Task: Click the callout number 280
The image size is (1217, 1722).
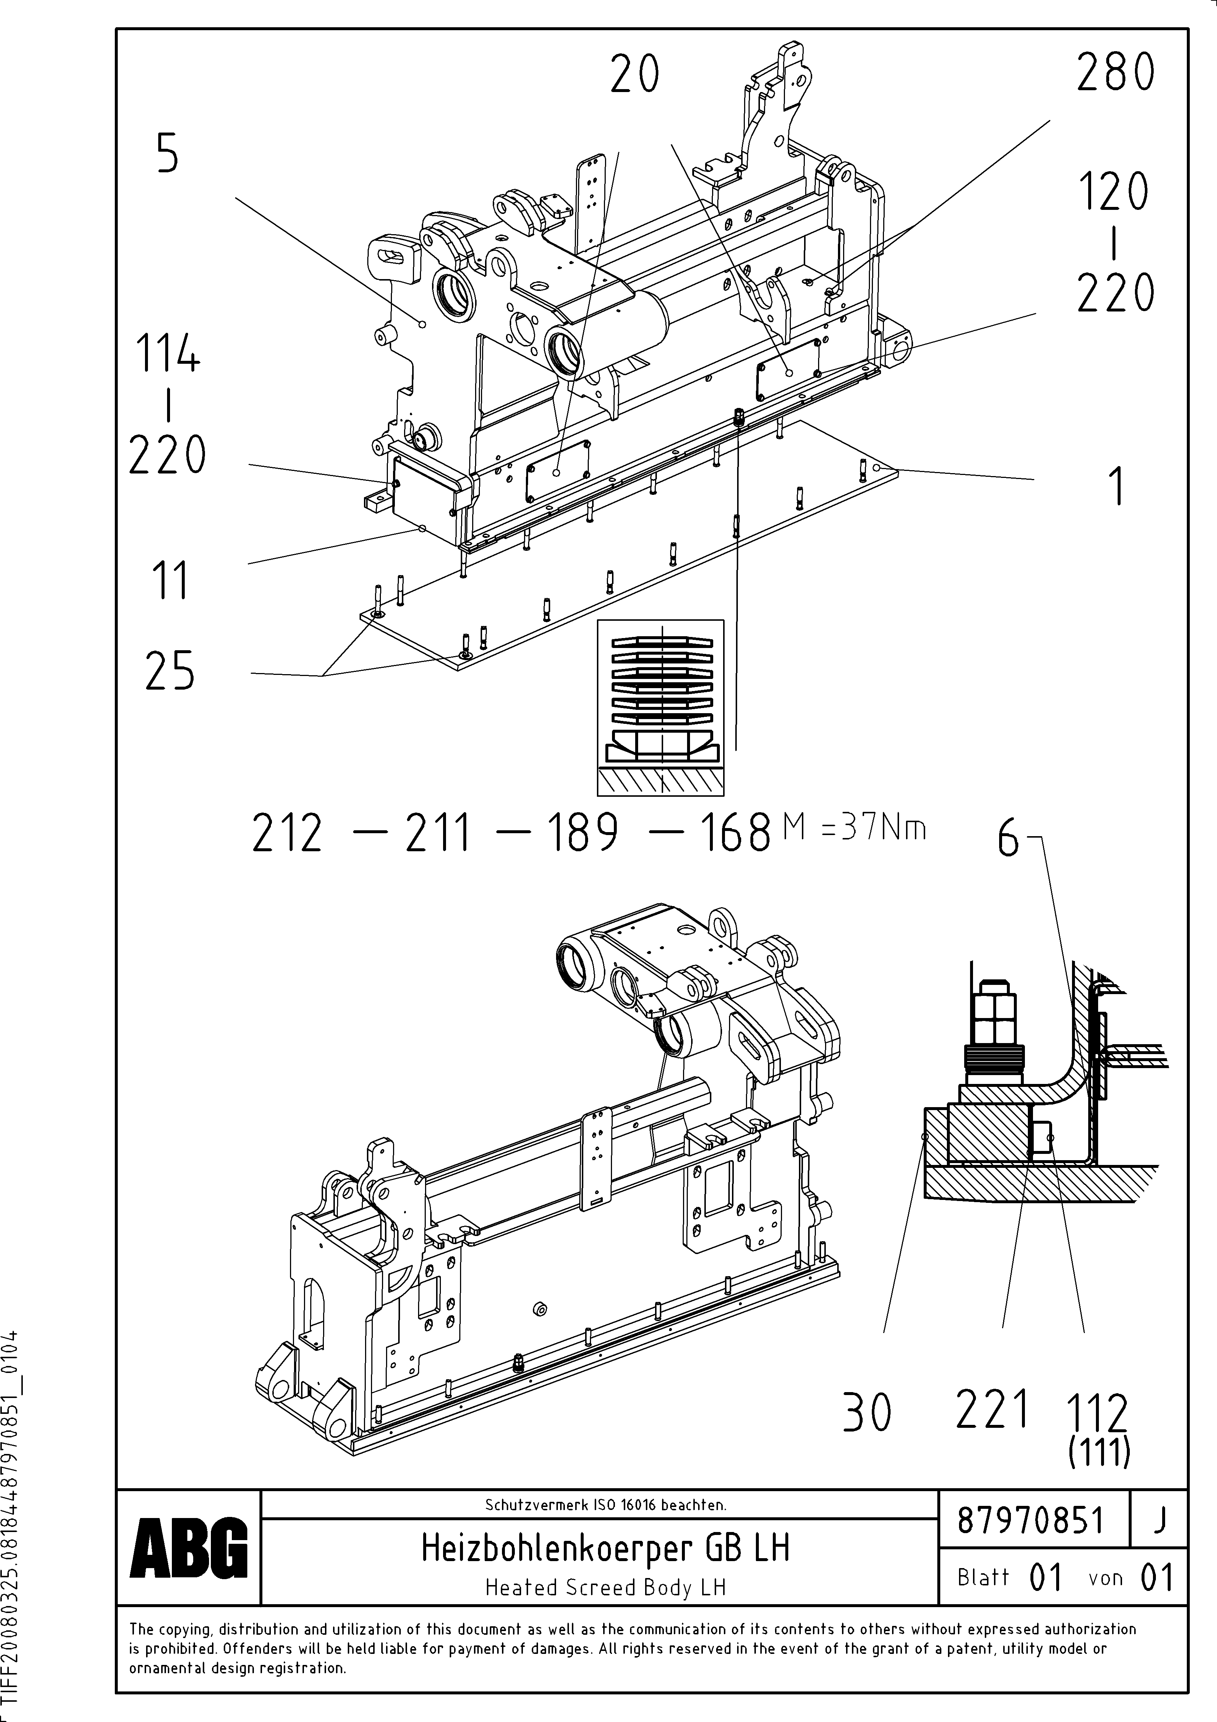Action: point(1115,74)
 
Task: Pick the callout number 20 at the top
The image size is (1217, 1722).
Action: point(634,76)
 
